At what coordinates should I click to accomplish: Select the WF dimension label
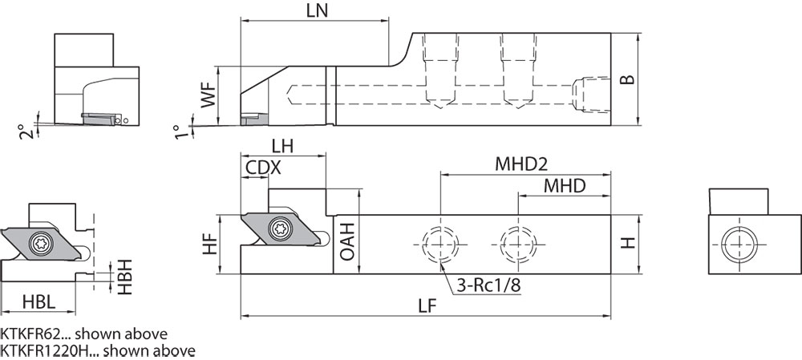point(208,95)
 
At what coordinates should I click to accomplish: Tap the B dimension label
point(630,79)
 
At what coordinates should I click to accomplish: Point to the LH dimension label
point(282,146)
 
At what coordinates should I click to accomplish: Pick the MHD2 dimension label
point(520,164)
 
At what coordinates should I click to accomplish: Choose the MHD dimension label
point(564,186)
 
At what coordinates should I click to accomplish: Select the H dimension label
point(630,243)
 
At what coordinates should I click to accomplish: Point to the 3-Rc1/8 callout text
point(484,285)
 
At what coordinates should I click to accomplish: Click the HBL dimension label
point(38,303)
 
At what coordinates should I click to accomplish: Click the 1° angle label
point(179,131)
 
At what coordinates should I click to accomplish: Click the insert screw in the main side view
point(281,228)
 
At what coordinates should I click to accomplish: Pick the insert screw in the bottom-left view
point(40,241)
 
